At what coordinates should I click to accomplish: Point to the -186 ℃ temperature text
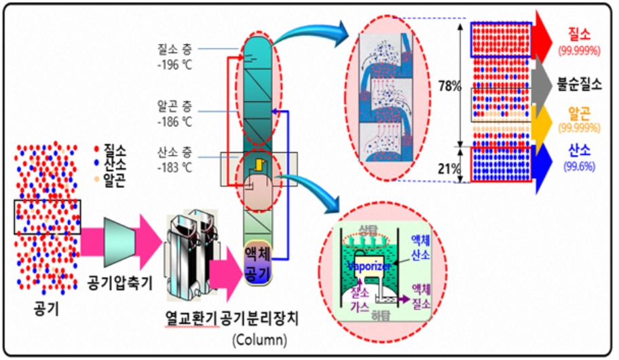click(175, 122)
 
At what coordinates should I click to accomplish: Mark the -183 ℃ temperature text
click(175, 168)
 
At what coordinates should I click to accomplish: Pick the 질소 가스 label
click(360, 300)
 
